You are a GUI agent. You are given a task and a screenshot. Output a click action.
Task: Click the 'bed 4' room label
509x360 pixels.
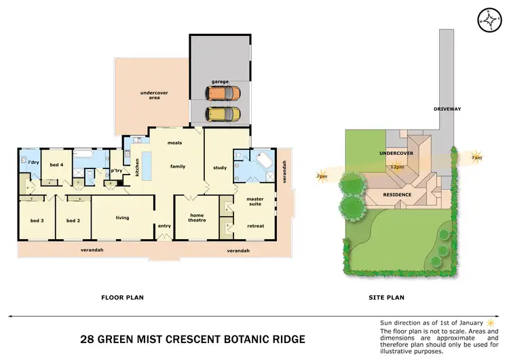[56, 164]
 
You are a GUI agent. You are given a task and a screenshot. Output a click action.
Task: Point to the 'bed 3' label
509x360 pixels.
[37, 221]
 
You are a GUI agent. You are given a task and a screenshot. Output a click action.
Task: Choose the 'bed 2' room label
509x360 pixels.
[73, 221]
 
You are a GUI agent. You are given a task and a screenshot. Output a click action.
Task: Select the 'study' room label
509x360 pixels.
[219, 167]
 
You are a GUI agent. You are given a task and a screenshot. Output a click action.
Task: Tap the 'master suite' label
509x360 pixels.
[255, 202]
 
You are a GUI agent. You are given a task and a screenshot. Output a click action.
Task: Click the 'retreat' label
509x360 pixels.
[255, 226]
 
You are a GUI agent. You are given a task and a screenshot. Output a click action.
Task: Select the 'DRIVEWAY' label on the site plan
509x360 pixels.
[447, 109]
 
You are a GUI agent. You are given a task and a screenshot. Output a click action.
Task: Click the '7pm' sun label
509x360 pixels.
[321, 177]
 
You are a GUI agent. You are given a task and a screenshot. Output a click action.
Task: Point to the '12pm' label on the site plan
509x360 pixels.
[396, 166]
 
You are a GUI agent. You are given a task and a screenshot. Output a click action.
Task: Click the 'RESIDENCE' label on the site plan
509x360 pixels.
[397, 195]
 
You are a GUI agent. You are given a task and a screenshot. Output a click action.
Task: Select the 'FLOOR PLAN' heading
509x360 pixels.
[122, 297]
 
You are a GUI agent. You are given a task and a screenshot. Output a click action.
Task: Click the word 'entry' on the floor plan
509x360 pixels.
[164, 226]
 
